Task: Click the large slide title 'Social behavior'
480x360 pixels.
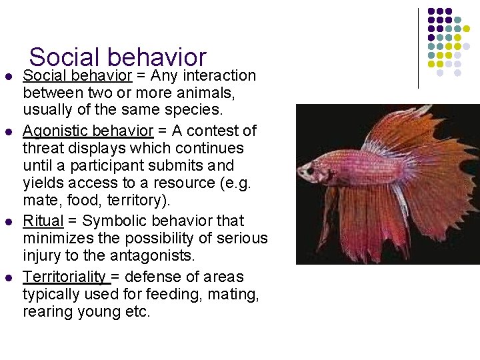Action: [x=118, y=58]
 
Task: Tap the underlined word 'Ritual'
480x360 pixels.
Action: [x=43, y=221]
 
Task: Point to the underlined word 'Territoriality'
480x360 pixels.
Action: [x=64, y=277]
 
